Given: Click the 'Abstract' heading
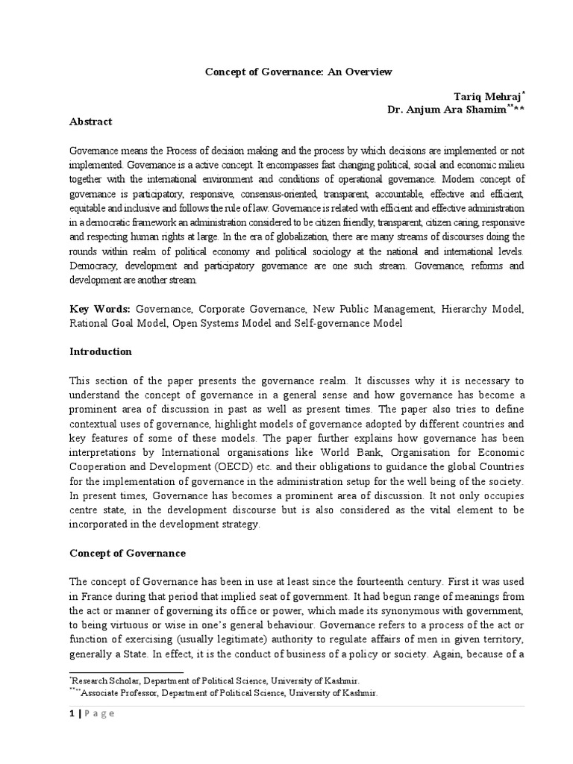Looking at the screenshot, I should (91, 122).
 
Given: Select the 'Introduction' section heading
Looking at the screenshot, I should (101, 351).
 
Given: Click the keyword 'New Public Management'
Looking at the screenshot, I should (360, 308).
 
